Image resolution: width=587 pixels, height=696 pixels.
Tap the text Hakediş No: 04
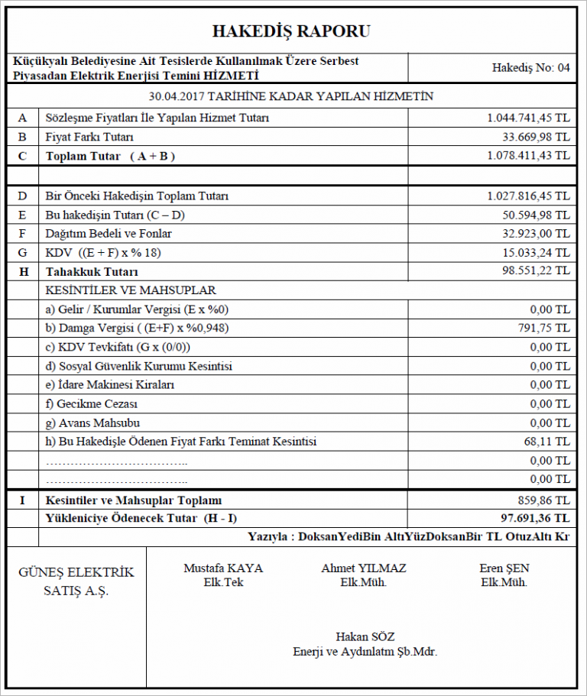pyautogui.click(x=531, y=67)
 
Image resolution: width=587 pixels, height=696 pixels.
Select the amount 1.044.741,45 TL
pyautogui.click(x=528, y=118)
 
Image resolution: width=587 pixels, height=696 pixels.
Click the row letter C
pyautogui.click(x=22, y=156)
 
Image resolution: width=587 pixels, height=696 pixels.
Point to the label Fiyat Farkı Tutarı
pyautogui.click(x=89, y=137)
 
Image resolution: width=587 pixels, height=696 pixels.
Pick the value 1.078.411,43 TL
pyautogui.click(x=528, y=156)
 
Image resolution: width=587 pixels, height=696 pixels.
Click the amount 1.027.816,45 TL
pyautogui.click(x=528, y=196)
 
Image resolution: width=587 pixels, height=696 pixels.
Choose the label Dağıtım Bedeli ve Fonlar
pyautogui.click(x=109, y=233)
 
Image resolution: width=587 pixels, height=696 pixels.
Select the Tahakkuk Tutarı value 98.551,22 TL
pyautogui.click(x=535, y=271)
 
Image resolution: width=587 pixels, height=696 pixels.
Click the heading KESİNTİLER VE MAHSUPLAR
pyautogui.click(x=131, y=290)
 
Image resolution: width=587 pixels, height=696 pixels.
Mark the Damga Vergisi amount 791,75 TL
pyautogui.click(x=544, y=328)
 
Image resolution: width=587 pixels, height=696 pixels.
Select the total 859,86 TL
pyautogui.click(x=544, y=500)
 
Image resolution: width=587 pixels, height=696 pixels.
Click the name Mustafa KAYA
pyautogui.click(x=223, y=568)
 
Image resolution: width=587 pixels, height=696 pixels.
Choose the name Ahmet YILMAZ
pyautogui.click(x=364, y=568)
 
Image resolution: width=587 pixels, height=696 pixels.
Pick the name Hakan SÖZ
pyautogui.click(x=365, y=637)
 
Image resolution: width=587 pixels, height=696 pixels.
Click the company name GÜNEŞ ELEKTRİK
pyautogui.click(x=76, y=573)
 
